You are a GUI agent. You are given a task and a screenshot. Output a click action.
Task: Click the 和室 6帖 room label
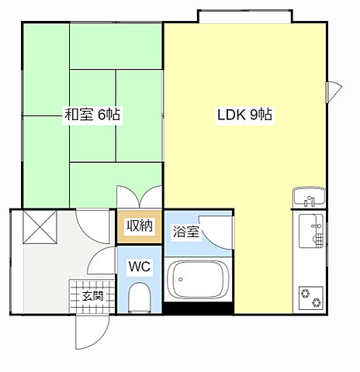(x=92, y=115)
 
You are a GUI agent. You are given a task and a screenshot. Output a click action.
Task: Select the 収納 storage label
(x=140, y=226)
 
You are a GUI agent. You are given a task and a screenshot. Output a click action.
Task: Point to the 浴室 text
(x=186, y=231)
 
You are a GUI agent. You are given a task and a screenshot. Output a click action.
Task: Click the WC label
(x=139, y=267)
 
